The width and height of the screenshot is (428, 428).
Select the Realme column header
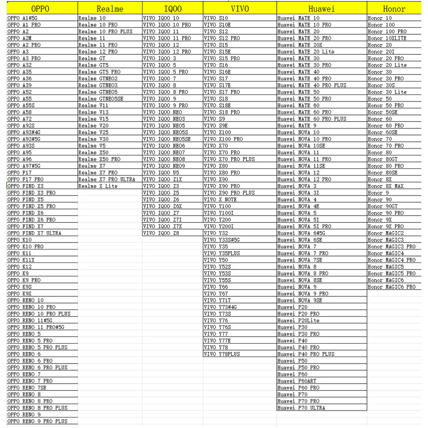[x=110, y=9]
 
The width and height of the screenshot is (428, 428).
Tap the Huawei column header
[x=321, y=9]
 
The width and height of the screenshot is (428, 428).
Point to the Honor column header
[x=394, y=9]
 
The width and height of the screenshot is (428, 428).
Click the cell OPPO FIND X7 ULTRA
[x=35, y=233]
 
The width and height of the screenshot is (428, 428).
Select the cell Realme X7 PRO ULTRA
[x=107, y=179]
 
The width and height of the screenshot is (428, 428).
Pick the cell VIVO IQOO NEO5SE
[x=167, y=139]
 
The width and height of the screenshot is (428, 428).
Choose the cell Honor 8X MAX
[x=386, y=186]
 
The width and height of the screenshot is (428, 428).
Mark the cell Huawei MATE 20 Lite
[x=306, y=52]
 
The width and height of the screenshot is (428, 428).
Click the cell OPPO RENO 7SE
[x=27, y=387]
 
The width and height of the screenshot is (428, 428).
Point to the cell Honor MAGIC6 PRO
[x=392, y=287]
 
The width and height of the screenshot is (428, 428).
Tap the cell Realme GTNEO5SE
[x=101, y=99]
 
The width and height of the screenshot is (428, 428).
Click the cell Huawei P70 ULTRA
[x=301, y=408]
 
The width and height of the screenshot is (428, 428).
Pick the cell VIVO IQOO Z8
[x=161, y=233]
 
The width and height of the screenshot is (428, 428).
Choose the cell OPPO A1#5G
[x=24, y=18]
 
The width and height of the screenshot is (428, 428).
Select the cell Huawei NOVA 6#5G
[x=301, y=233]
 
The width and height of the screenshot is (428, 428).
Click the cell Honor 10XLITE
[x=387, y=38]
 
